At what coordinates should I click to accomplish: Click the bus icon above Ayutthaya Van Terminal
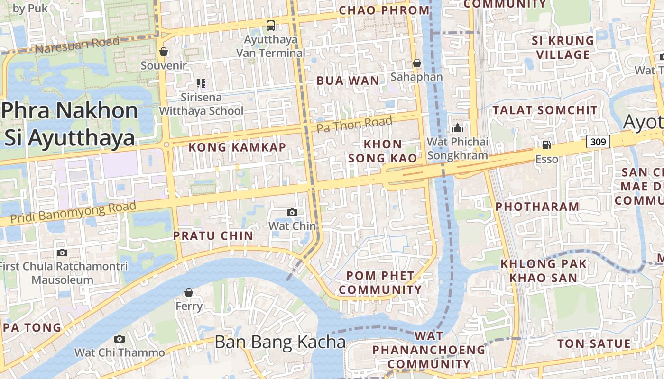pyautogui.click(x=270, y=25)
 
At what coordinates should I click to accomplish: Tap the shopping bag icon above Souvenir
pyautogui.click(x=164, y=52)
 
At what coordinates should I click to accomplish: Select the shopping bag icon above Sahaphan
pyautogui.click(x=416, y=63)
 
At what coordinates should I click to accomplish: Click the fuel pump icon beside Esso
pyautogui.click(x=546, y=144)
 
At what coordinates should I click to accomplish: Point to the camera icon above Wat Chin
pyautogui.click(x=292, y=212)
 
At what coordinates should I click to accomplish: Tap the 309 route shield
pyautogui.click(x=598, y=141)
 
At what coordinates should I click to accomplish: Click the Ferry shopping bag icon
pyautogui.click(x=189, y=292)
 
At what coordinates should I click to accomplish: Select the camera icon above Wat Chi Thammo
pyautogui.click(x=120, y=339)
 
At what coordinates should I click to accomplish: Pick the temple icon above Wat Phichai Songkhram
pyautogui.click(x=457, y=128)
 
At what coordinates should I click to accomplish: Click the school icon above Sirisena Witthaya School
pyautogui.click(x=201, y=83)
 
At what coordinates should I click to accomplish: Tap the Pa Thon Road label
pyautogui.click(x=354, y=125)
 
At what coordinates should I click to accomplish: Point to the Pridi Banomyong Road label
pyautogui.click(x=73, y=212)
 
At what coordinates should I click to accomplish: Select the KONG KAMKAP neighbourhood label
pyautogui.click(x=237, y=147)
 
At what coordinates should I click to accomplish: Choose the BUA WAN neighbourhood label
pyautogui.click(x=348, y=81)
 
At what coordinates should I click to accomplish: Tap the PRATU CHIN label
pyautogui.click(x=213, y=235)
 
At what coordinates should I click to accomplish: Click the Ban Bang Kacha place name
pyautogui.click(x=280, y=342)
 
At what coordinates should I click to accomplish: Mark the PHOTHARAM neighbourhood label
pyautogui.click(x=537, y=207)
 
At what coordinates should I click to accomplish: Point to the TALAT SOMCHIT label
pyautogui.click(x=545, y=110)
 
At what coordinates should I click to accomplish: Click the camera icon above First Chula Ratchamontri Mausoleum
pyautogui.click(x=62, y=253)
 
